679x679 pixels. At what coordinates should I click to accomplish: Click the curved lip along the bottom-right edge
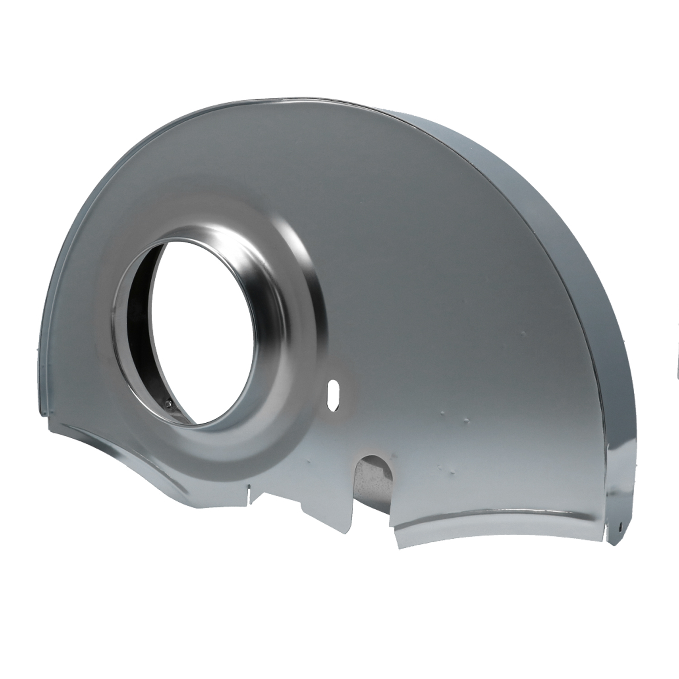pos(498,521)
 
